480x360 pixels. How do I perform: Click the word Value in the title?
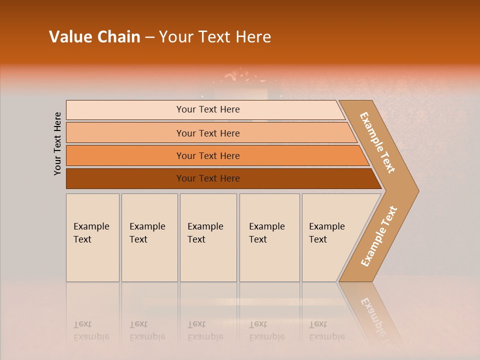pos(69,37)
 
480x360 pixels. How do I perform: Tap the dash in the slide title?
pos(149,37)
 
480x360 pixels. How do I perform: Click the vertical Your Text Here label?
pos(57,143)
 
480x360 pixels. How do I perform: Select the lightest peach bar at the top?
pos(207,109)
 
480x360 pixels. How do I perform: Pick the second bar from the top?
pos(207,133)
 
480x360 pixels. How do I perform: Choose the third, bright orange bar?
pos(207,155)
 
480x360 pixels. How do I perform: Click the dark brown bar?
pos(207,178)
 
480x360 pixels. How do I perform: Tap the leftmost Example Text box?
pos(92,237)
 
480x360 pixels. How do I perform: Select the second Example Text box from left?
pos(149,237)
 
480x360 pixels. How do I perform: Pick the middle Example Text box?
pos(208,237)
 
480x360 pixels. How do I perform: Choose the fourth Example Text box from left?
pos(269,237)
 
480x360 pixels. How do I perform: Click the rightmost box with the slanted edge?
pos(330,237)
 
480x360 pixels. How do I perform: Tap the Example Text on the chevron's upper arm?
pos(377,142)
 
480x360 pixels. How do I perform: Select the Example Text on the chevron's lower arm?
pos(378,236)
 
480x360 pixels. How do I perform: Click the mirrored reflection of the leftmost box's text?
pos(91,331)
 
